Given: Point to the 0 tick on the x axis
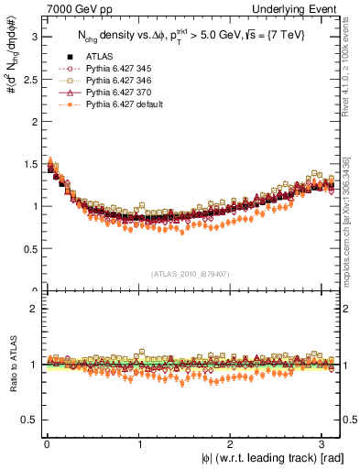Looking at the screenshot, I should (47, 445).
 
